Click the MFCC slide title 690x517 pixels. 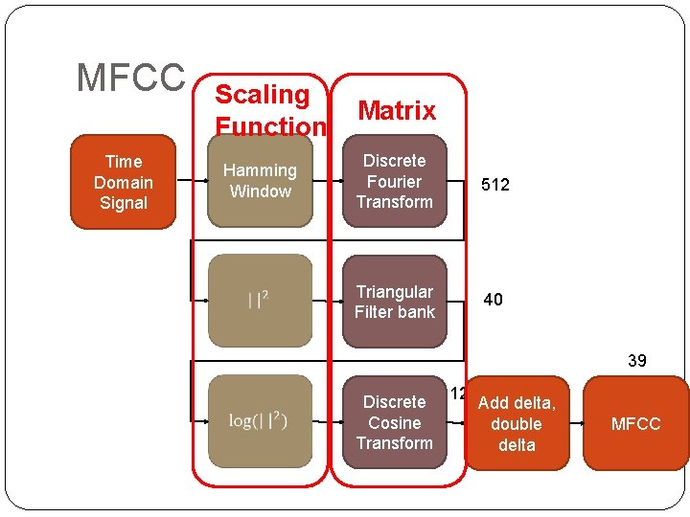pos(130,78)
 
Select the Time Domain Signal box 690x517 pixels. pos(124,182)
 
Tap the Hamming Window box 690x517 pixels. pos(260,181)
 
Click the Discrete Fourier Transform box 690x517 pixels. pos(395,181)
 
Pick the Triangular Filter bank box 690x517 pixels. pos(395,301)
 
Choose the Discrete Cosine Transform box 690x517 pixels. pos(395,422)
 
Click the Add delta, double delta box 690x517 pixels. pos(517,423)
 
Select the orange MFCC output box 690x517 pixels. pos(635,423)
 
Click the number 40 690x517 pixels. pos(493,300)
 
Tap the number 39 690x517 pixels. pos(637,361)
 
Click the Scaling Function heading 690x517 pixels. pos(269,110)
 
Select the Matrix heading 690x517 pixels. pos(397,111)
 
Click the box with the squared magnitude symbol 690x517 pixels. pos(260,301)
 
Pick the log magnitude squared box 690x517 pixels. pos(260,422)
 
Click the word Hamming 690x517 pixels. pos(260,170)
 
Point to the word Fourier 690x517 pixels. pos(395,181)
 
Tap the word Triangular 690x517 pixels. pos(395,291)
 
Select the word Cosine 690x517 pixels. pos(395,422)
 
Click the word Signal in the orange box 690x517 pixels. pos(124,203)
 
